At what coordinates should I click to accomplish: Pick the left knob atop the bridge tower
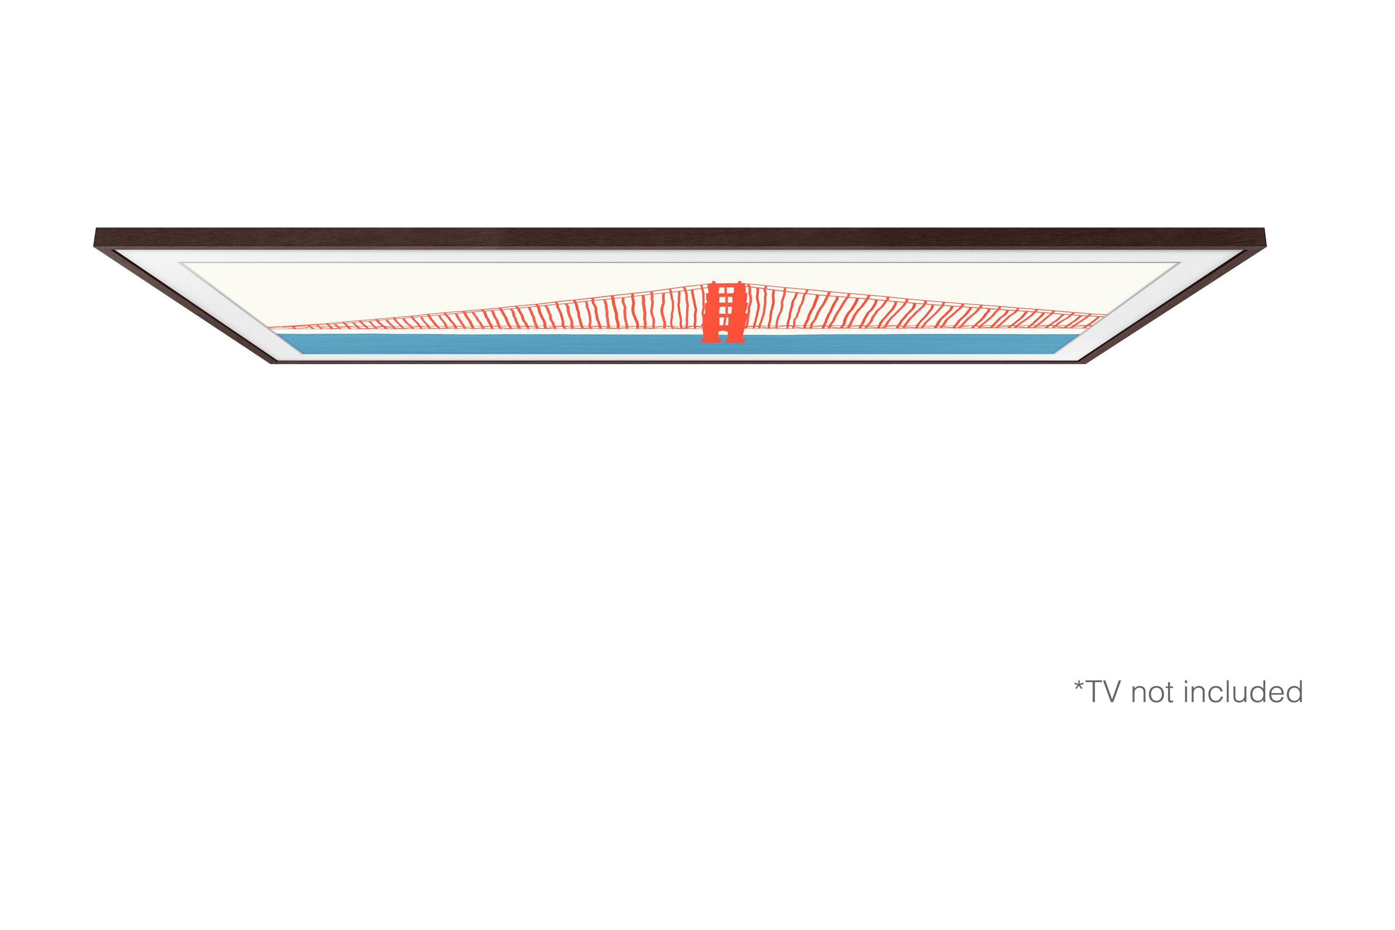(x=713, y=283)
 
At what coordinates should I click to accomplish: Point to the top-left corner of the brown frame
(x=96, y=229)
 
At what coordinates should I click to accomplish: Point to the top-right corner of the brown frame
(x=1264, y=229)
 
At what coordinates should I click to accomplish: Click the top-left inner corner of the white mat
(x=180, y=263)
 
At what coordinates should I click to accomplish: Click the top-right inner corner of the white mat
(x=1180, y=263)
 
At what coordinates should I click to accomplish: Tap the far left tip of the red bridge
(x=269, y=327)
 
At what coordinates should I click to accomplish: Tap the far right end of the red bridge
(x=1106, y=316)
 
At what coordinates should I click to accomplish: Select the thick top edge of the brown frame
(x=680, y=237)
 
